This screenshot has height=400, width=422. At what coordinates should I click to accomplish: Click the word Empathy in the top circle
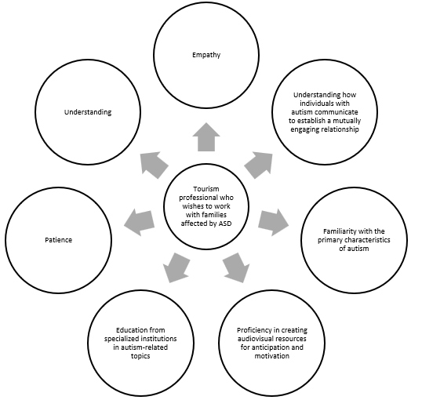pos(206,55)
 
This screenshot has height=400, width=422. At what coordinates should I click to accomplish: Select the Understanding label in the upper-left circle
pos(88,112)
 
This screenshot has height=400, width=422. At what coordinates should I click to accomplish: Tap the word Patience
pos(58,240)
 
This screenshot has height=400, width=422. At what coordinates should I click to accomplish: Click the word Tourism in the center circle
pos(206,189)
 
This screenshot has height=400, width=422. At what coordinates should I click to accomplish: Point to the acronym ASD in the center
pos(225,224)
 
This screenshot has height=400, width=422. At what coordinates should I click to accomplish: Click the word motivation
pos(272,356)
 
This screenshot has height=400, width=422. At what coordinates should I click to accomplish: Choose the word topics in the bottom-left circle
pos(140,356)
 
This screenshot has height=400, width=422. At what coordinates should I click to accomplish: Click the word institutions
pos(158,338)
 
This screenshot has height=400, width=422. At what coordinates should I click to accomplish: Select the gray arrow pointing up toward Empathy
pos(206,137)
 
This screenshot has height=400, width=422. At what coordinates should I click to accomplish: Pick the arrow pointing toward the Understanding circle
pos(155,165)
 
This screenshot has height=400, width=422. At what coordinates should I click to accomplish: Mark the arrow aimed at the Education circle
pos(176,267)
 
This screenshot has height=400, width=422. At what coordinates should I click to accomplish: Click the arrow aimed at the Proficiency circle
pos(236,267)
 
